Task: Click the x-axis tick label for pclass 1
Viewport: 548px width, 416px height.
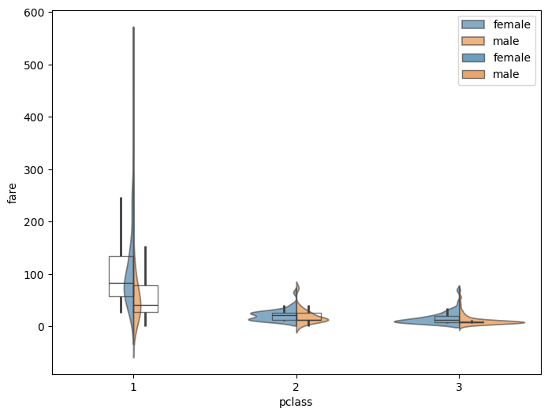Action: pos(133,388)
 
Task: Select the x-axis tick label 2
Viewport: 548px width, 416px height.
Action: pos(296,388)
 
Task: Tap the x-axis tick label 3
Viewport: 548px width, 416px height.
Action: pos(460,388)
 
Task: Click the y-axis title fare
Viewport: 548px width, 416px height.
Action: pos(13,192)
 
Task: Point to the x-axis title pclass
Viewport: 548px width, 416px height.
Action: pos(296,403)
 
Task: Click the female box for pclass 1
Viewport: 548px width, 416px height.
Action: pos(121,276)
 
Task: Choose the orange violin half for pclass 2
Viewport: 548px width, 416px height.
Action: pos(309,319)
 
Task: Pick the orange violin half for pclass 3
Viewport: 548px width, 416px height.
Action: pos(489,323)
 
